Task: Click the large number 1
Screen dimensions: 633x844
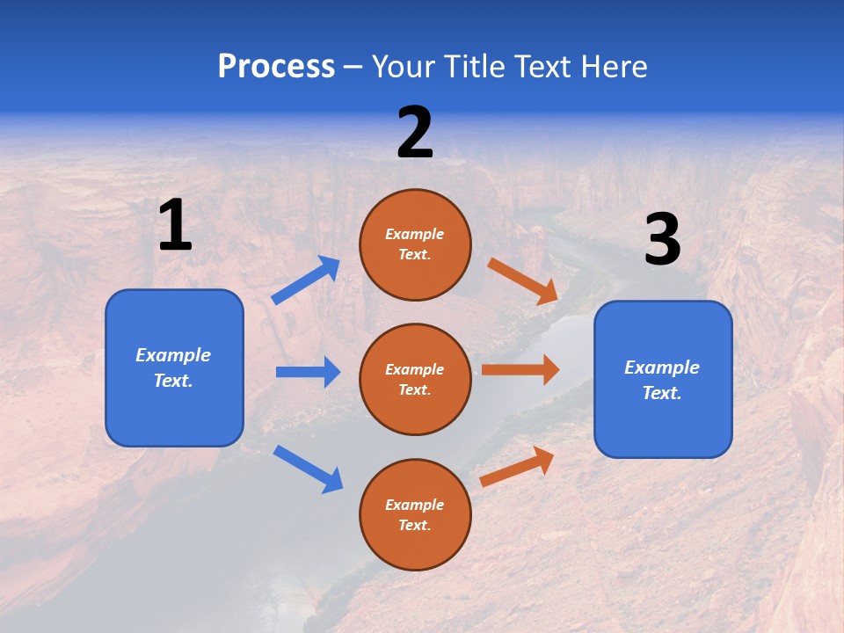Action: pyautogui.click(x=175, y=226)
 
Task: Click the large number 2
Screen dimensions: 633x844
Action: pyautogui.click(x=415, y=133)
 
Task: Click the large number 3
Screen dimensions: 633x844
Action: pyautogui.click(x=662, y=240)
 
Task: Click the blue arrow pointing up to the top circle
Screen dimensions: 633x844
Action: pyautogui.click(x=306, y=280)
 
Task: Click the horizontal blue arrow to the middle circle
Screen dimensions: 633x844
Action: pyautogui.click(x=308, y=372)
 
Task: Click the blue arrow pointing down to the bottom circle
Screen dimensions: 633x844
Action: pyautogui.click(x=308, y=469)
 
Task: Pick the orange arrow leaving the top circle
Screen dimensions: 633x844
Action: pyautogui.click(x=523, y=280)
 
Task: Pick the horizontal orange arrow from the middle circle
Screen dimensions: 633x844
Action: pyautogui.click(x=520, y=369)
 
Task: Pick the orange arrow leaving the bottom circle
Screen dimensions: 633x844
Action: pyautogui.click(x=518, y=466)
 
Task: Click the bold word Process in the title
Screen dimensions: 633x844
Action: pyautogui.click(x=276, y=66)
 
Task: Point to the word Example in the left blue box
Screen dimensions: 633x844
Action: pyautogui.click(x=173, y=355)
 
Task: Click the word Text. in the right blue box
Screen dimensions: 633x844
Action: pyautogui.click(x=662, y=393)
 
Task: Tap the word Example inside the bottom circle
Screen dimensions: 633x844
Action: pyautogui.click(x=415, y=505)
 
